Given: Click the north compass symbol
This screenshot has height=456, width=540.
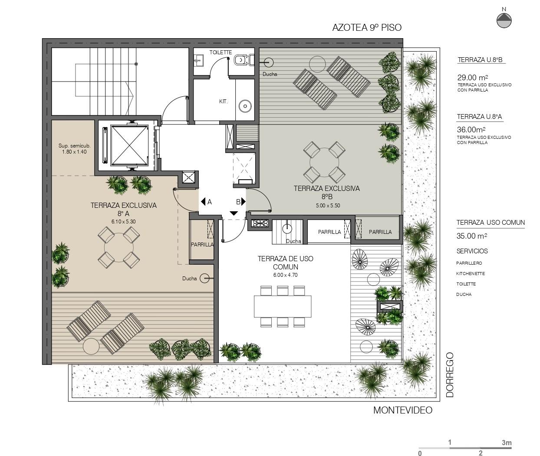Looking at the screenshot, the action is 504,20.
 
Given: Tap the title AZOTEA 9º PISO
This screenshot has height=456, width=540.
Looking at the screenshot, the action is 367,28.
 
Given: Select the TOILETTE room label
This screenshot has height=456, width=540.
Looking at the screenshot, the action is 221,52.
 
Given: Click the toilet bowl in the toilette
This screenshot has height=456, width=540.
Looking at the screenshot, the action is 240,60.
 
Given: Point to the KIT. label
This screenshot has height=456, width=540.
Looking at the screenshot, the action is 224,102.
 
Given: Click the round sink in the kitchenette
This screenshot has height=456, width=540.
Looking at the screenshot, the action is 245,106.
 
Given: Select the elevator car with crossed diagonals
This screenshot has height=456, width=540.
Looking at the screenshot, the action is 129,145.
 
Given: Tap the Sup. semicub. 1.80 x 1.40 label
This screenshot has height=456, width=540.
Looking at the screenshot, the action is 74,149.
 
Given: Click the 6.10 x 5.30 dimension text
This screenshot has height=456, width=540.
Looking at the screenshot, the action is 124,222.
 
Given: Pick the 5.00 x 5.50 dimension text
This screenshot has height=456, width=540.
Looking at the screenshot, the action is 328,206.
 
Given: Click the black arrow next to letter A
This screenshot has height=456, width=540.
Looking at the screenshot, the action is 203,202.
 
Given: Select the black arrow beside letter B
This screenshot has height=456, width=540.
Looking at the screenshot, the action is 244,202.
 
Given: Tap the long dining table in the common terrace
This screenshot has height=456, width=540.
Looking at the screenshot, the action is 283,306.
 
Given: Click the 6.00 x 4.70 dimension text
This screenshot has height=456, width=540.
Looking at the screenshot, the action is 285,275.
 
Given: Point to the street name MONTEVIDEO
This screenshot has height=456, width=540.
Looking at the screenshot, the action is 403,410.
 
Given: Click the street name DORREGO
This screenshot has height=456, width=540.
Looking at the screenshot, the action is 450,375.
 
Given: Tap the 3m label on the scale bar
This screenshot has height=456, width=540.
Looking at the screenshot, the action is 507,443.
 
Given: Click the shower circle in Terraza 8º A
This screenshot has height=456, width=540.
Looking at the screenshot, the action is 204,279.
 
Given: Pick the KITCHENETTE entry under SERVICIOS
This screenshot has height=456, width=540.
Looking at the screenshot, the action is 471,273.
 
